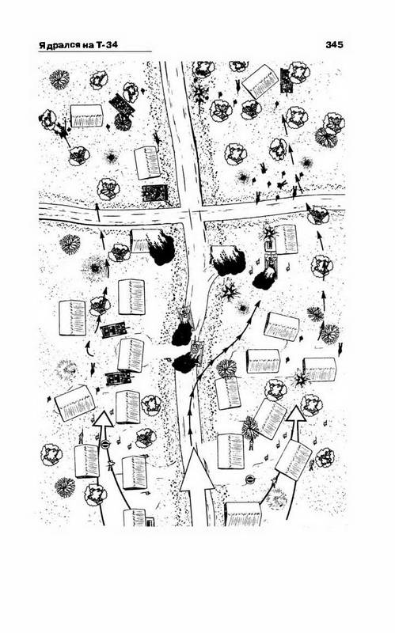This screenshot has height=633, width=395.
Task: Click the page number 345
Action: pos(334,44)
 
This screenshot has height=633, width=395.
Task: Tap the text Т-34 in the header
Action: pos(107,45)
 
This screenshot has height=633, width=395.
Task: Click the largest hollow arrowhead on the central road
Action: pos(196,469)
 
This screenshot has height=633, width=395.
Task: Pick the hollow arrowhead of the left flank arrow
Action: pos(104,419)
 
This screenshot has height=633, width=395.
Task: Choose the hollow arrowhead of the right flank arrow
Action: pos(296,415)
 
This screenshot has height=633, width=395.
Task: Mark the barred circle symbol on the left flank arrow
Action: pos(105,445)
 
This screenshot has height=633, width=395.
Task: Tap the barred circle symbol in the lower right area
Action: pos(250,479)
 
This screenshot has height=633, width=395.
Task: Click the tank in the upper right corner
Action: pos(286,81)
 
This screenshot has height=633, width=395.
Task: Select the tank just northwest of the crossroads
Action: pos(154,193)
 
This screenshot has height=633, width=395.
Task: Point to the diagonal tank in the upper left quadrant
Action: pos(122,104)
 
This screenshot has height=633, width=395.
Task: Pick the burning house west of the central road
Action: pos(153,245)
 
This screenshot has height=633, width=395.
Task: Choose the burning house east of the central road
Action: pos(228,260)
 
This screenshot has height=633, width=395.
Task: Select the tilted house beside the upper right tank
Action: pos(263,83)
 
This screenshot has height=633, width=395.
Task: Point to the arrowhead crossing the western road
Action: pos(97,207)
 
